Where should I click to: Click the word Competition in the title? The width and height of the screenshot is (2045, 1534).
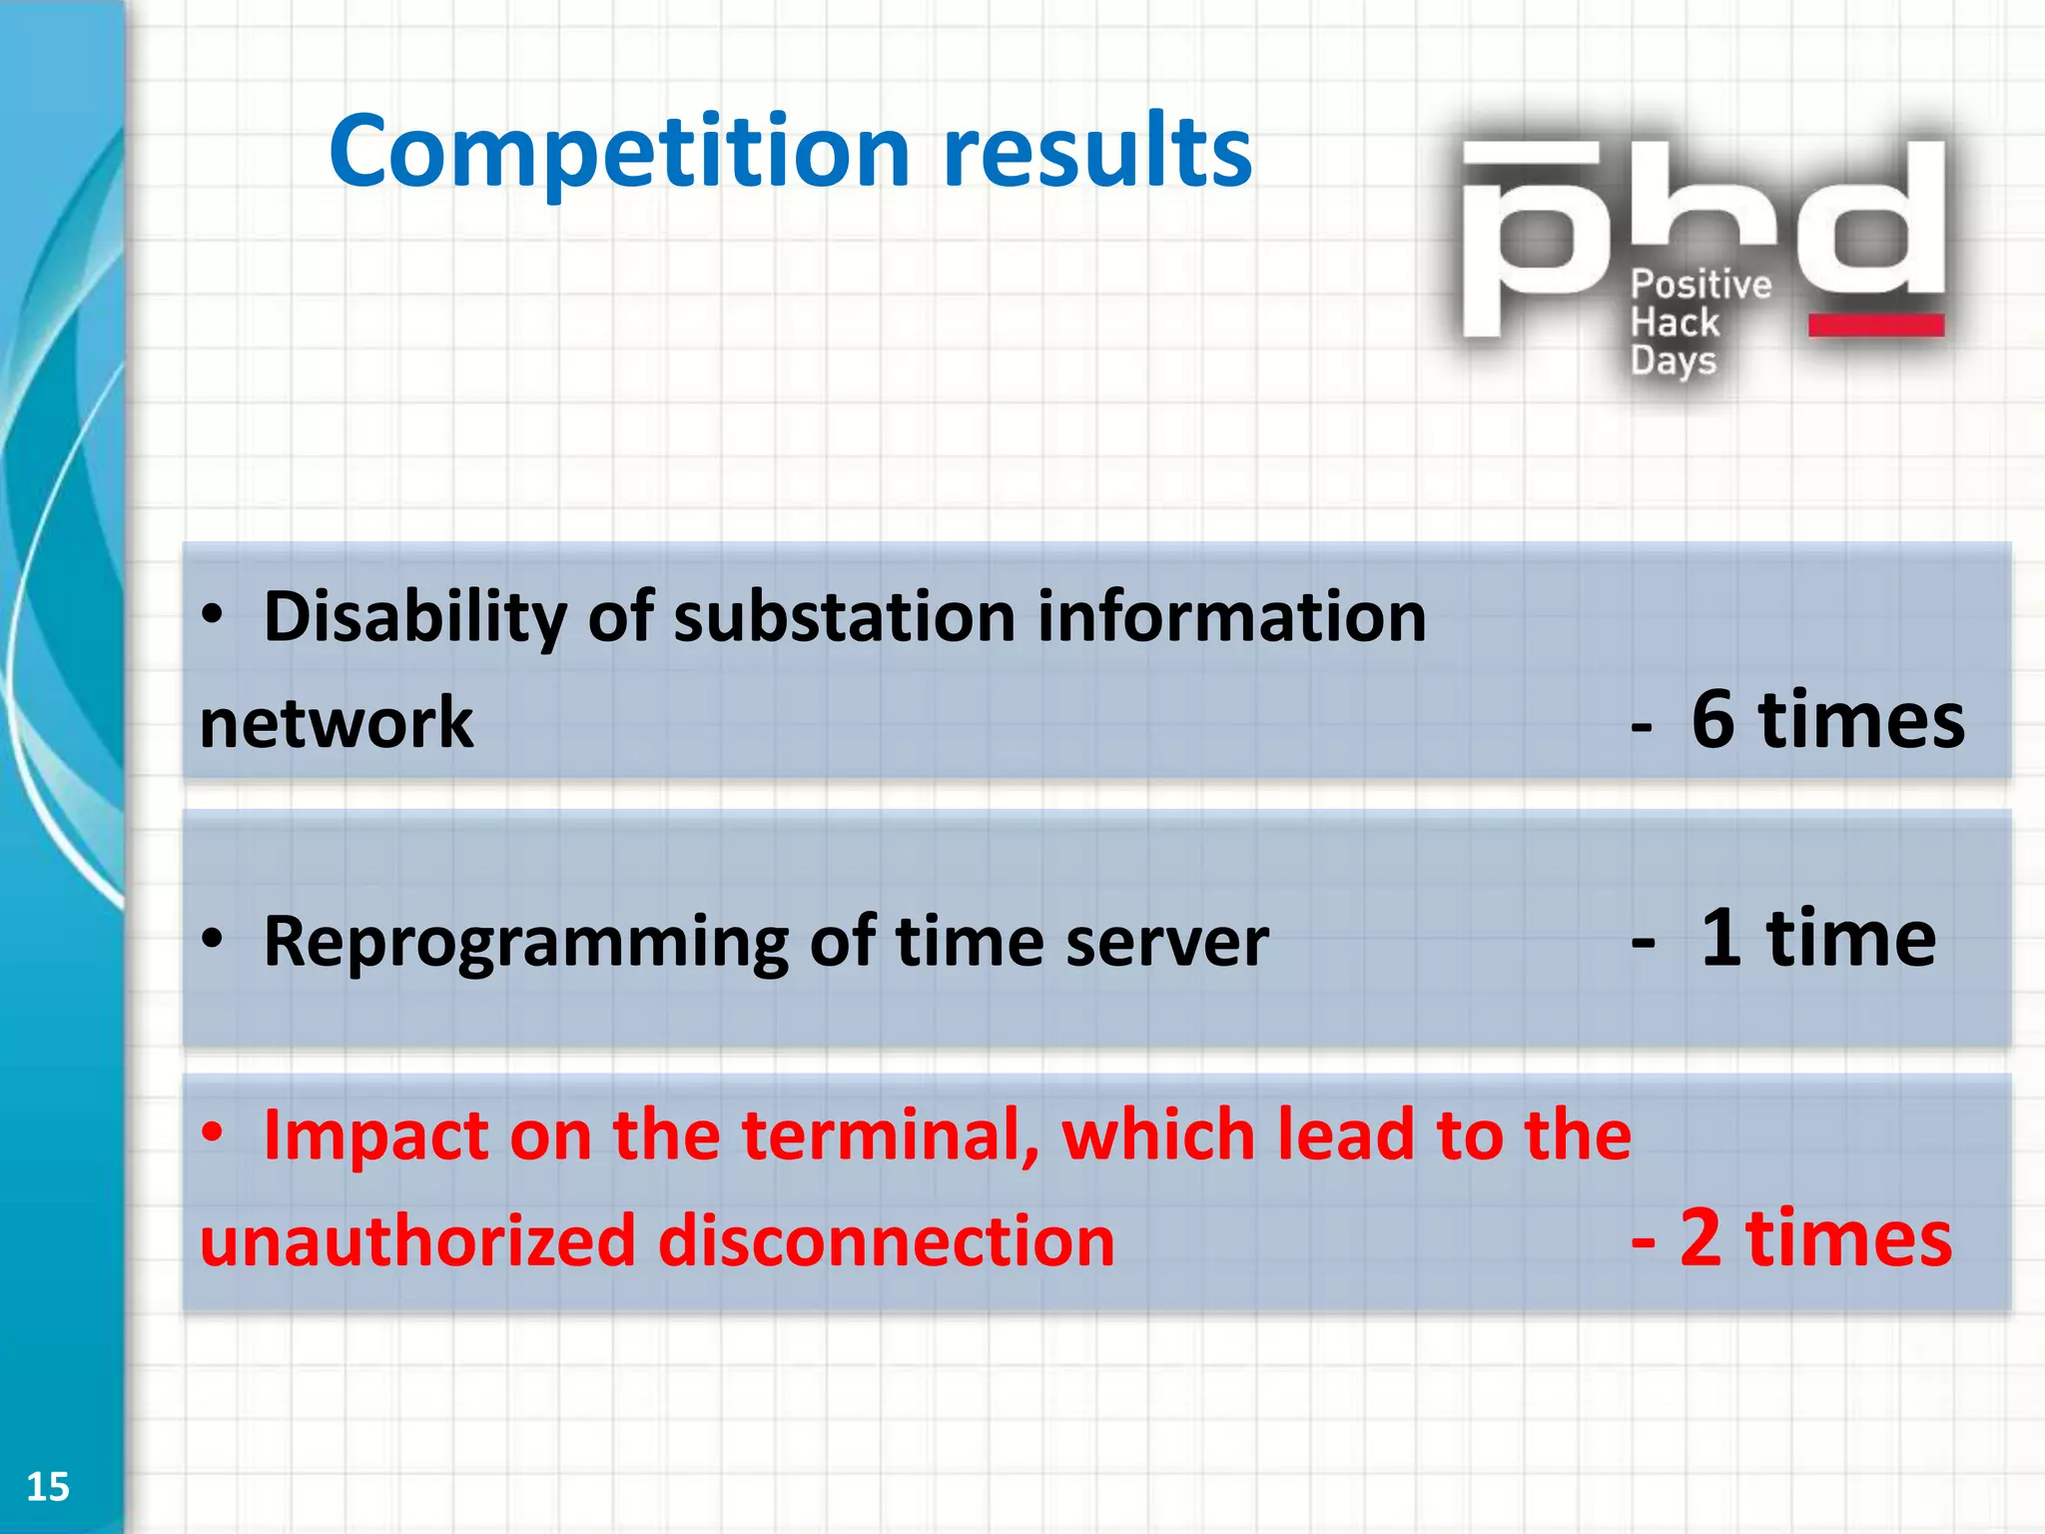click(619, 152)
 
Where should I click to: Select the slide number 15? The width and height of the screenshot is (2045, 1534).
click(47, 1487)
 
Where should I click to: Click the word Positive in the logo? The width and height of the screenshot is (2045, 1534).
click(1701, 286)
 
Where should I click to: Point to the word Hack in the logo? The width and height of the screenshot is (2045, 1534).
click(1675, 324)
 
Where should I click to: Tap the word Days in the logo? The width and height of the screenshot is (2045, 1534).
click(1673, 362)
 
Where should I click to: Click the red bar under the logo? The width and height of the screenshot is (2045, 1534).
click(1875, 326)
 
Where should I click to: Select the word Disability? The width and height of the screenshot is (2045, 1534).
click(414, 617)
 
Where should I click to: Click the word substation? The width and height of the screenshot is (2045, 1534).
click(845, 617)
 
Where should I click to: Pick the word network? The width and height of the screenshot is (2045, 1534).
click(337, 723)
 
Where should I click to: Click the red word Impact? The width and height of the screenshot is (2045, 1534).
click(374, 1137)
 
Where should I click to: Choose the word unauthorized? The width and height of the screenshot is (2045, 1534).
click(417, 1241)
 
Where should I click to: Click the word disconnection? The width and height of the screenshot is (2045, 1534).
click(886, 1241)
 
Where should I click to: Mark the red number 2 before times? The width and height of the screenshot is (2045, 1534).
click(1701, 1238)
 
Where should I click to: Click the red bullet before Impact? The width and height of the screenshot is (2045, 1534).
click(212, 1135)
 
